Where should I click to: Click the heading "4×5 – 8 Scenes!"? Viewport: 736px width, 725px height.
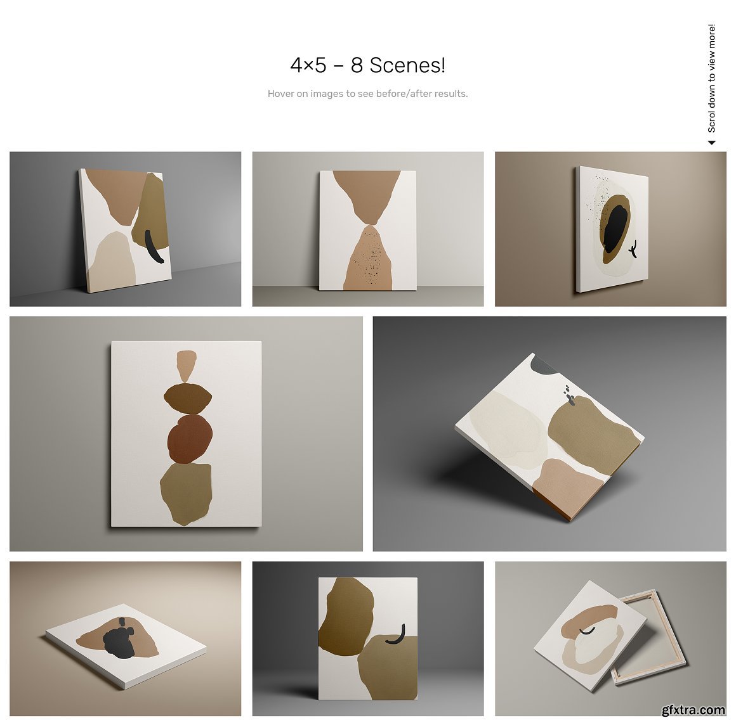coord(367,65)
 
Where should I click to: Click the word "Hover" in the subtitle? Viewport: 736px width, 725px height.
coord(280,94)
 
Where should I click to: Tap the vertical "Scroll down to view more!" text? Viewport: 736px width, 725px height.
coord(712,79)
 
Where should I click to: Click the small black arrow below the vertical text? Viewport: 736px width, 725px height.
coord(712,143)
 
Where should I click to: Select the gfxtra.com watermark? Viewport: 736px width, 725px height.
coord(693,710)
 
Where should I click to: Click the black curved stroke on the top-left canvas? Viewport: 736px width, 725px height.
coord(152,247)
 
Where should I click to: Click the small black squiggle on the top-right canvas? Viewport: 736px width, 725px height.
coord(633,249)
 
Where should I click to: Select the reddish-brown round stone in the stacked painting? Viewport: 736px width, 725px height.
coord(190,439)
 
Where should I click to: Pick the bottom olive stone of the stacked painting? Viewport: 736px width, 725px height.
coord(186,494)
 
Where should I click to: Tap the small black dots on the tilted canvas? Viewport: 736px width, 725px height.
coord(569,395)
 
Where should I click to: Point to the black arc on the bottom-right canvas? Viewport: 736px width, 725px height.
coord(587,631)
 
